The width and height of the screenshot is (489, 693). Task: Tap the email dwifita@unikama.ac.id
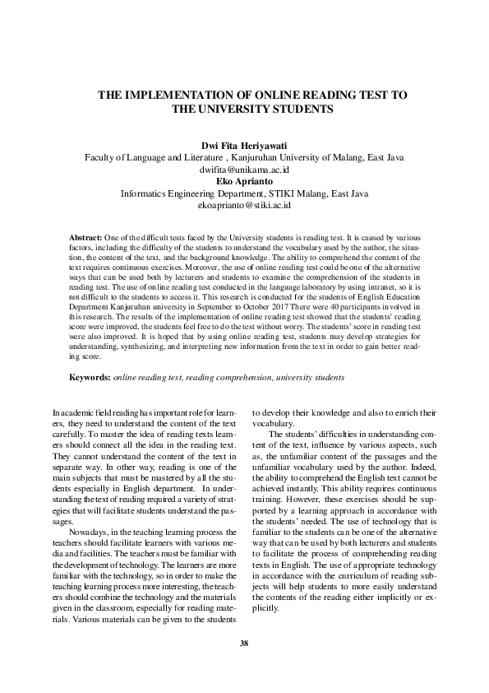(x=244, y=170)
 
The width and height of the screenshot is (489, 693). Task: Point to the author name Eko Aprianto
(x=244, y=181)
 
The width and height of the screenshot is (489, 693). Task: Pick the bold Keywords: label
(x=90, y=377)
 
